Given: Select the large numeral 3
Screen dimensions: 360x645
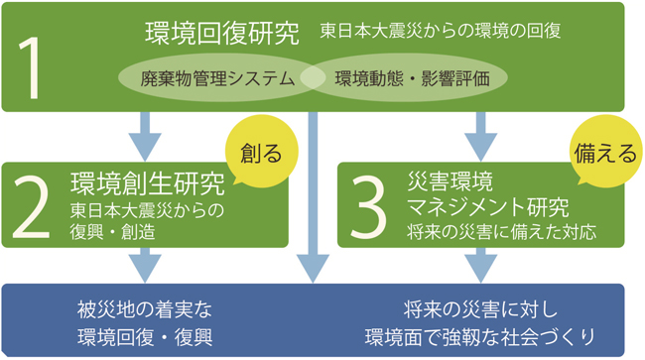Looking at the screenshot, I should [367, 205].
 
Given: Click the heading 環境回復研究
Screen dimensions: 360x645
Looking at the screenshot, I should [221, 32].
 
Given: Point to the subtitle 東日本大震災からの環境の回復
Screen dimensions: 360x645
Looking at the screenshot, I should [441, 32].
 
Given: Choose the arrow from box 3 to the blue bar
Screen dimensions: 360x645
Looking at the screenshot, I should [481, 264].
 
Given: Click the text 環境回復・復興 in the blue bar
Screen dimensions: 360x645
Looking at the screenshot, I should [145, 333].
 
